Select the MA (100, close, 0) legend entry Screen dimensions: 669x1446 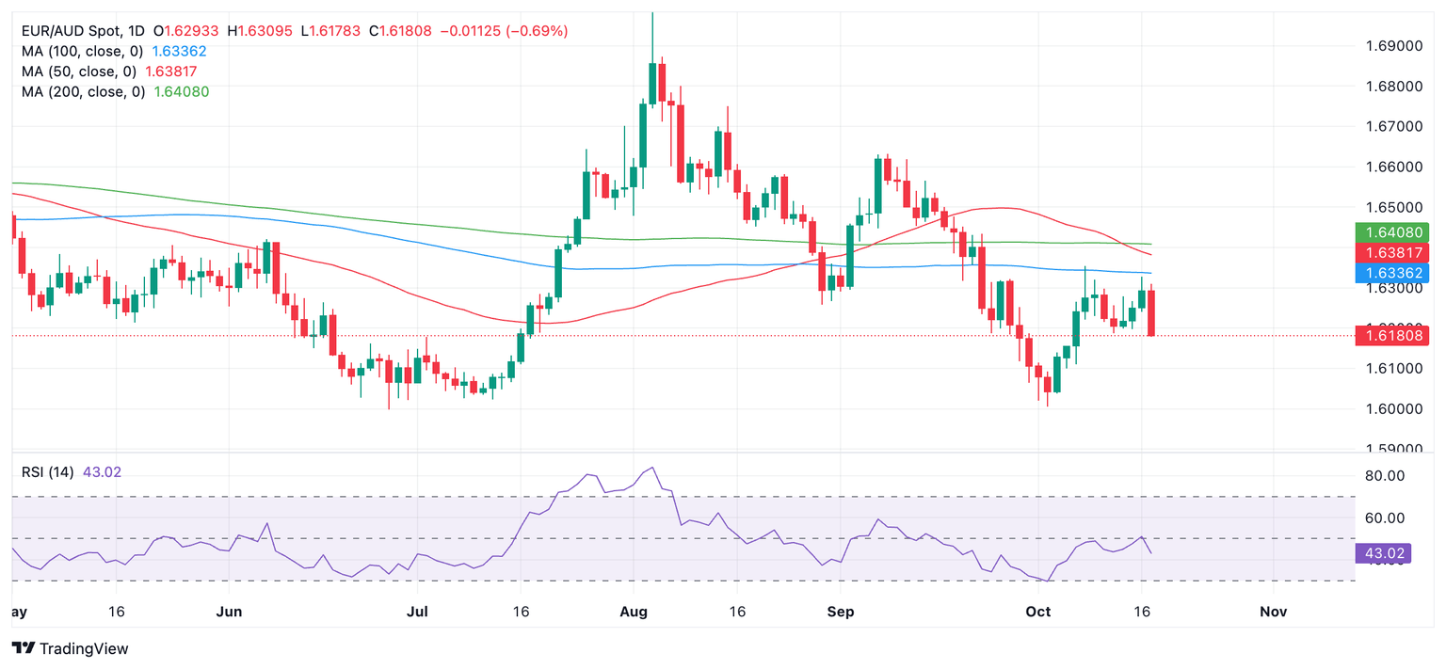click(x=83, y=52)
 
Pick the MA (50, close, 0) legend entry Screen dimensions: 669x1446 click(x=79, y=72)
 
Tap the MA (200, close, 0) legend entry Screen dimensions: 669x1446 click(x=83, y=91)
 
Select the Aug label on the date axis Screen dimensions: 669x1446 click(x=634, y=612)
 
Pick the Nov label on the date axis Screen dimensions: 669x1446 click(x=1273, y=612)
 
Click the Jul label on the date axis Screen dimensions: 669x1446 click(x=417, y=612)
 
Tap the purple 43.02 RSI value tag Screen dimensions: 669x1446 click(x=1382, y=553)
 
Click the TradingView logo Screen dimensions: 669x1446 click(x=71, y=648)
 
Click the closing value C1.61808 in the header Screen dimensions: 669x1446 click(x=400, y=31)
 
